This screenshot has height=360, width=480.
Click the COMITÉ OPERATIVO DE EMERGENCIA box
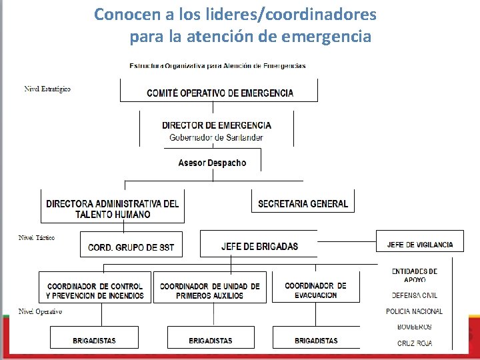click(x=219, y=92)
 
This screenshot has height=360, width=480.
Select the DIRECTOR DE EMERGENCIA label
click(x=217, y=125)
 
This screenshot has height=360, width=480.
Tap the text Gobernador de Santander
click(x=216, y=137)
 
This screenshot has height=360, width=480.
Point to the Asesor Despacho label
click(x=212, y=163)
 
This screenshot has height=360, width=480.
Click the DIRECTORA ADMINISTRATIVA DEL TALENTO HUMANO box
click(x=113, y=209)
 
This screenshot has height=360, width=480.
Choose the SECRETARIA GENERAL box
click(x=303, y=203)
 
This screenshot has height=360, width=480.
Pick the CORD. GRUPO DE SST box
click(x=131, y=247)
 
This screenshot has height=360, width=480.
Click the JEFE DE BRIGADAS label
click(x=259, y=246)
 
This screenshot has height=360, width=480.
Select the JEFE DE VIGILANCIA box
click(x=420, y=245)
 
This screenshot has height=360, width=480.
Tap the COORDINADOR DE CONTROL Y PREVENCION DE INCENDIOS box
click(x=95, y=291)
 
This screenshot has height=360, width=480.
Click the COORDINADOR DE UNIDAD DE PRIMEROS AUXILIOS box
click(x=209, y=291)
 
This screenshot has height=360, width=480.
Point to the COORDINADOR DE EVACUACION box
click(x=315, y=290)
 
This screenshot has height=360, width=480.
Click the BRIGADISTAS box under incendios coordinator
click(x=94, y=340)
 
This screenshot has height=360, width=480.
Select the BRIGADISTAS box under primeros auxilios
click(x=210, y=340)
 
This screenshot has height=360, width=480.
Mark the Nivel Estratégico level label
click(x=47, y=89)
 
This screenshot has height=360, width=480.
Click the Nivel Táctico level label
click(x=37, y=238)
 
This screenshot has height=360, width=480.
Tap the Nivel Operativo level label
click(x=40, y=311)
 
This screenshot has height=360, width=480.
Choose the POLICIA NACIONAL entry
click(x=414, y=311)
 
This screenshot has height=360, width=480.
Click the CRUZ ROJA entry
click(x=414, y=343)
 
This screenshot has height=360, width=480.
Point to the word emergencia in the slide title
click(x=326, y=37)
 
